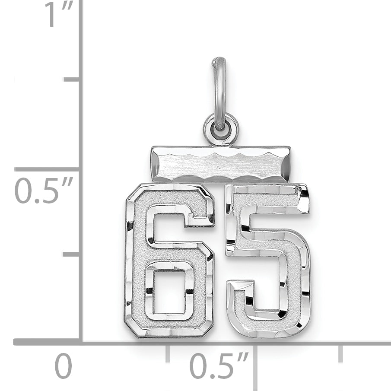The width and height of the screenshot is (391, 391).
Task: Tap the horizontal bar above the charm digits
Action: (x=221, y=164)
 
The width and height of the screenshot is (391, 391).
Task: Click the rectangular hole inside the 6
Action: (x=169, y=292)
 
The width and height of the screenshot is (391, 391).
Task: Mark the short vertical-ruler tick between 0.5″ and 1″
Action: (x=72, y=79)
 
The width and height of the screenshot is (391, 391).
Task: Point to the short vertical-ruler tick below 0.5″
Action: (x=71, y=254)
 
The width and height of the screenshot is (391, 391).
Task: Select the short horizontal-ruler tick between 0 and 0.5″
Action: (x=168, y=353)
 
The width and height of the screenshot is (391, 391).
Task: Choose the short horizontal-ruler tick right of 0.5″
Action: (x=340, y=353)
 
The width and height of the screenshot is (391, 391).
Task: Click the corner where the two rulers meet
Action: (x=80, y=342)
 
